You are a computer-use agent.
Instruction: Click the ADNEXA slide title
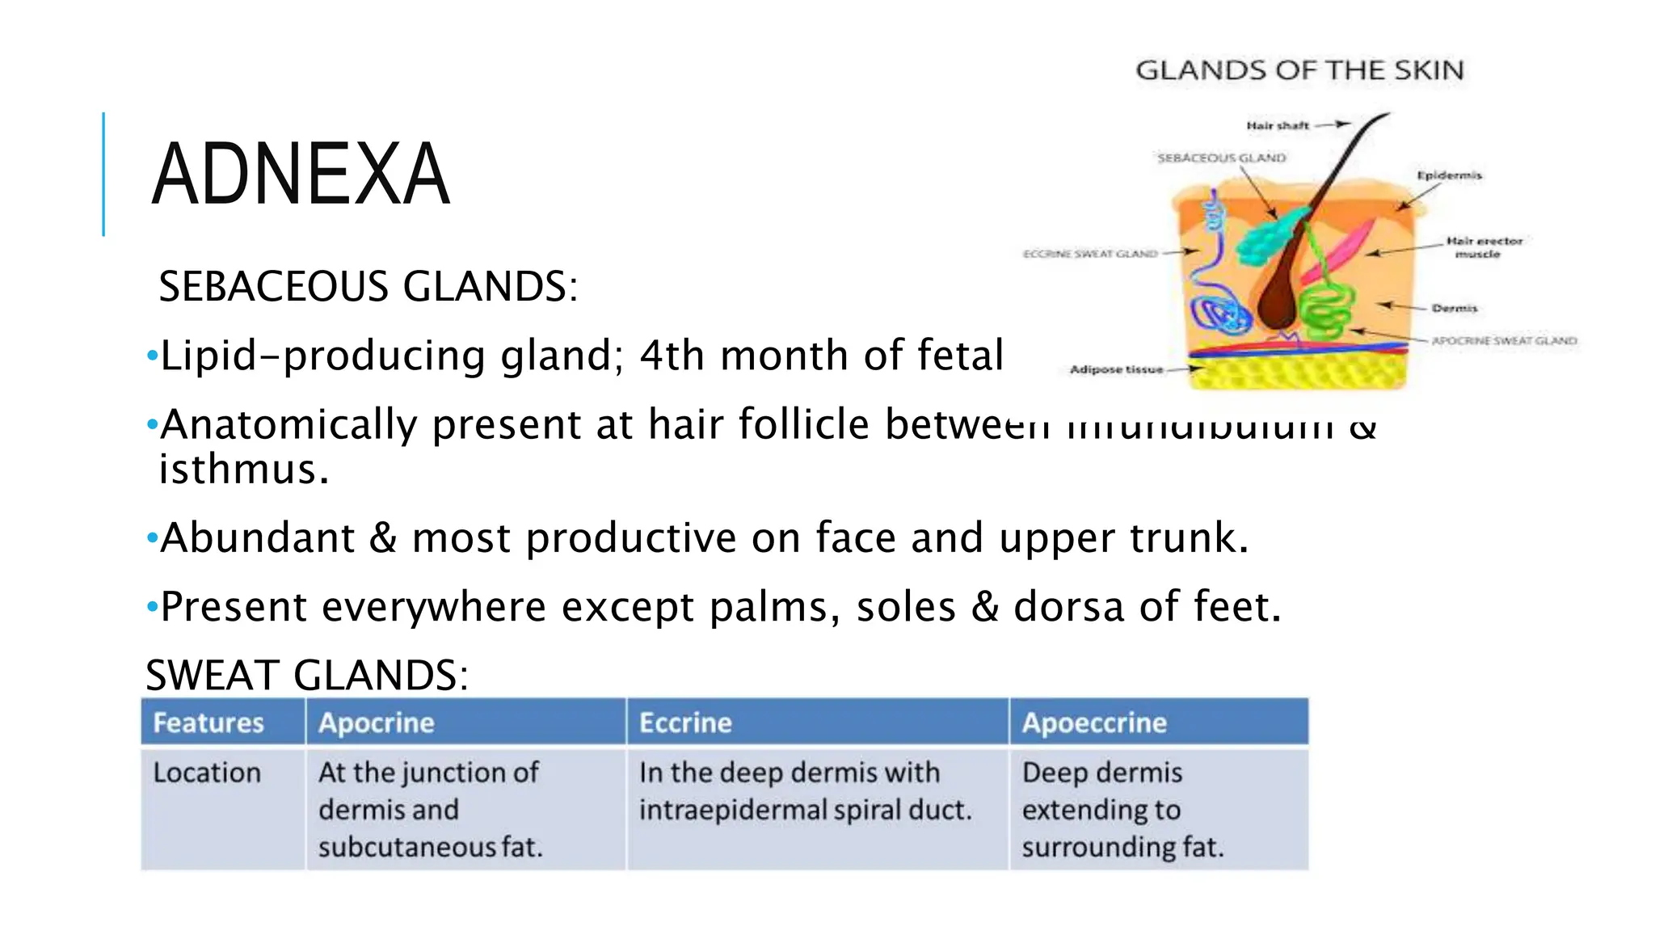300,175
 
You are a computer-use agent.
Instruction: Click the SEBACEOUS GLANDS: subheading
368,286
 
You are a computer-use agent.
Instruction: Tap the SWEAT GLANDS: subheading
306,675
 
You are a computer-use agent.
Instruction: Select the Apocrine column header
377,722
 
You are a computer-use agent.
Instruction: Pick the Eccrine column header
685,722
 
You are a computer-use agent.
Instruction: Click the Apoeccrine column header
1094,722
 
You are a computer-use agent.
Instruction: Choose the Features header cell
208,722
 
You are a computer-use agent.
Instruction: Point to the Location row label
207,773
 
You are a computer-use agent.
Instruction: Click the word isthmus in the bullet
243,470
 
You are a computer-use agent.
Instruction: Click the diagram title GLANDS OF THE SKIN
1299,70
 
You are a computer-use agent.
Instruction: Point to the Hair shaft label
1277,125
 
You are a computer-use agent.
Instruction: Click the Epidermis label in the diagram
1449,175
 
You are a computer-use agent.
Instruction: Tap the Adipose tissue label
1116,369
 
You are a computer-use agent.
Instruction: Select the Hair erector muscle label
1484,247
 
